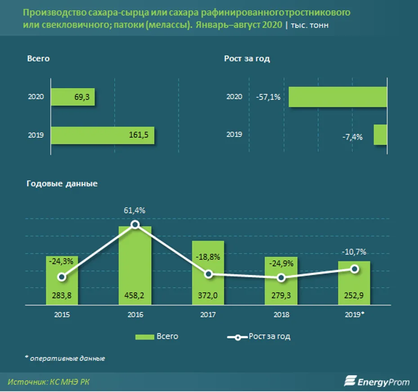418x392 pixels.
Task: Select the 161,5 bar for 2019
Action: point(102,135)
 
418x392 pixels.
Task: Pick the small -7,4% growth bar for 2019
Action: point(380,135)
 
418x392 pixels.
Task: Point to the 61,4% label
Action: point(135,210)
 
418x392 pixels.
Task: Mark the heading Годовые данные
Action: point(62,184)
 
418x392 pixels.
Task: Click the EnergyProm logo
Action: point(377,382)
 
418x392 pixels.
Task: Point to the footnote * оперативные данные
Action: point(65,358)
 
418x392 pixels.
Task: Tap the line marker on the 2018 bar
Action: point(281,278)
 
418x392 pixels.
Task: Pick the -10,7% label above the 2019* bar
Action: point(355,252)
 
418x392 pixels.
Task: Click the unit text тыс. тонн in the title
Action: point(310,25)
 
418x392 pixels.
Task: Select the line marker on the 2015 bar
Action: point(62,277)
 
